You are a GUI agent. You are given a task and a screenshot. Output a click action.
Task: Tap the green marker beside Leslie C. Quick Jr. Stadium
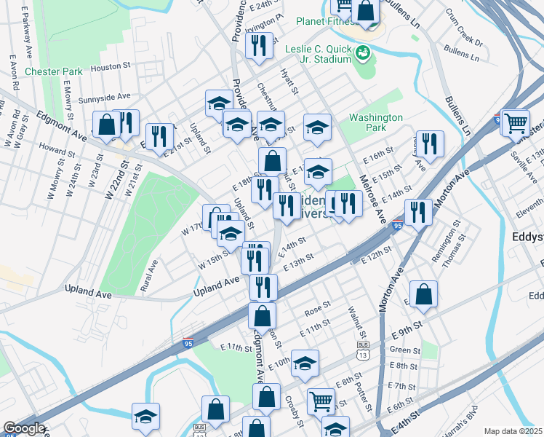point(362,52)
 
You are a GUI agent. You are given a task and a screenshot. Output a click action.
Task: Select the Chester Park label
point(53,71)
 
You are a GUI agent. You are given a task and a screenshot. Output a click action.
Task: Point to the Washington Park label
point(375,122)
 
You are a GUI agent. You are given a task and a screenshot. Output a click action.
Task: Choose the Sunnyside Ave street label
point(104,96)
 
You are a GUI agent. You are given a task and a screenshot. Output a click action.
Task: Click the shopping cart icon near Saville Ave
point(516,122)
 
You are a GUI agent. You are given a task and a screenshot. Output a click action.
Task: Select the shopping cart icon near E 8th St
point(321,401)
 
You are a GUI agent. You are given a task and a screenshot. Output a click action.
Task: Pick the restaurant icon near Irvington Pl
point(260,46)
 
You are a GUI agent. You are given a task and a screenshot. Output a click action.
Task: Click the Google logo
point(23,428)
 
